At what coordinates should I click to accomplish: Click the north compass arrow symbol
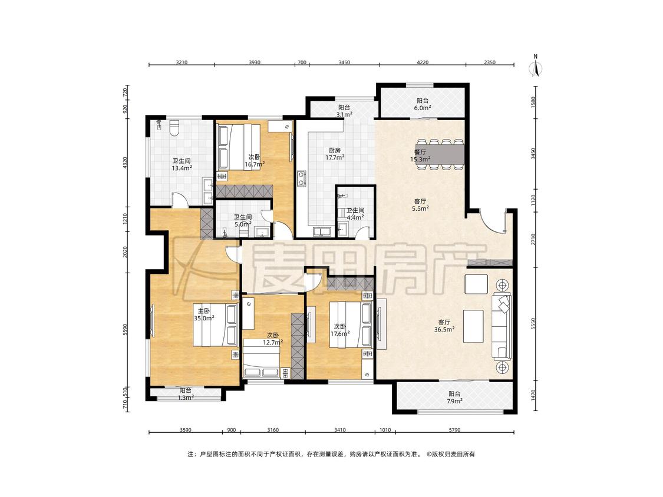536,67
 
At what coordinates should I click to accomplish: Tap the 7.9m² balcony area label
455,397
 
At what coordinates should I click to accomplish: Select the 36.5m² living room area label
444,326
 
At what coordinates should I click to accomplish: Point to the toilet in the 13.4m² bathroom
174,127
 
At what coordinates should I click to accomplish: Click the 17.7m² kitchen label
335,154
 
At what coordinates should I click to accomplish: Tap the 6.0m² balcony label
423,104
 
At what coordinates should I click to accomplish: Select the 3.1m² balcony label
344,111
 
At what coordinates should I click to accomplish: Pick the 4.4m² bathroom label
355,214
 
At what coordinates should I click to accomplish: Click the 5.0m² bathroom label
243,221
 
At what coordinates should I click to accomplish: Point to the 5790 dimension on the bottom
454,430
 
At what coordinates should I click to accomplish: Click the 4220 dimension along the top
423,62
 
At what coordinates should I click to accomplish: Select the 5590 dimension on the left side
125,330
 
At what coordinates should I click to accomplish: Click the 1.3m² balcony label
186,394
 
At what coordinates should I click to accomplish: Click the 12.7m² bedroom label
273,339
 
